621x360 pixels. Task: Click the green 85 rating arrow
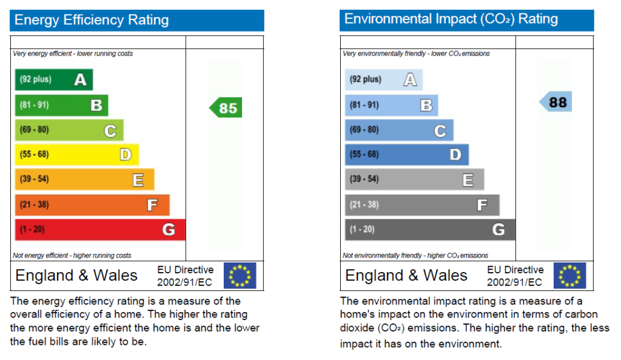(226, 108)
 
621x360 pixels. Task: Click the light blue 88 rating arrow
(556, 102)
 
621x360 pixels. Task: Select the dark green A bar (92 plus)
(54, 79)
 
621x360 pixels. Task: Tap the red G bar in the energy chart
(100, 230)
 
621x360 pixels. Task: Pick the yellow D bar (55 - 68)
(77, 155)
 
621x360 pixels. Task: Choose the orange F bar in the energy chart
(92, 205)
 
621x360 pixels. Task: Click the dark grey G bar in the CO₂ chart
(430, 230)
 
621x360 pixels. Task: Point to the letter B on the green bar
(96, 105)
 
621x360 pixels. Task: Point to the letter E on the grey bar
(468, 180)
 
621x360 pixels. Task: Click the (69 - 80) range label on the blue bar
(364, 130)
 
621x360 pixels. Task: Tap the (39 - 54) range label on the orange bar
(35, 179)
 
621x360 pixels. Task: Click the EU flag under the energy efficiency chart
(240, 275)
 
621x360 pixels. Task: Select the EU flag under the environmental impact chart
(570, 275)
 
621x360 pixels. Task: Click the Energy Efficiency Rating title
(92, 20)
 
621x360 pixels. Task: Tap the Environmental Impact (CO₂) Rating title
(451, 19)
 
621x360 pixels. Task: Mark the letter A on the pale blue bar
(410, 79)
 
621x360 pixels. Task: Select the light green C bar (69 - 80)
(69, 130)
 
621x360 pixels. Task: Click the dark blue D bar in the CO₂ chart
(407, 155)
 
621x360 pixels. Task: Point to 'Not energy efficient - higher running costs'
(72, 256)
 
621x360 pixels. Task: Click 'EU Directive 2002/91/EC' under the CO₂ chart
(515, 276)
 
